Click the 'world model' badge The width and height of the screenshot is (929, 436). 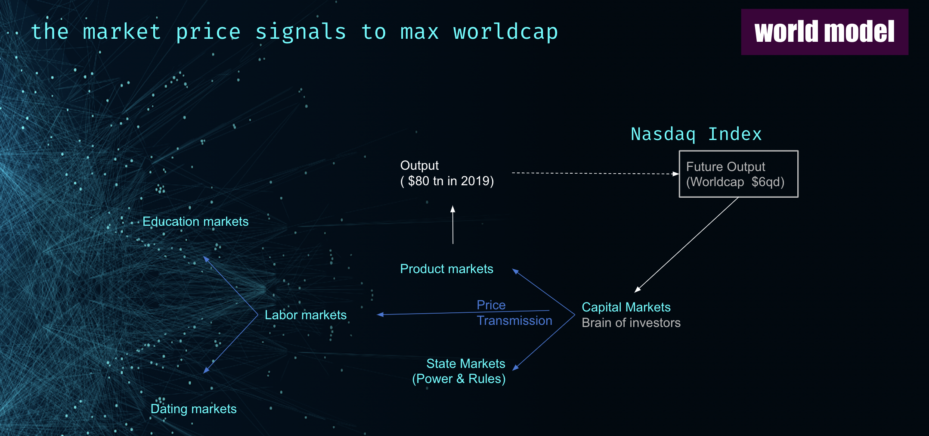tap(824, 32)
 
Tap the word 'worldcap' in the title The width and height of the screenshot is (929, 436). tap(505, 32)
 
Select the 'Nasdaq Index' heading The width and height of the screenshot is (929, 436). tap(696, 134)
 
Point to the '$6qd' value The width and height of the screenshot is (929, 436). tap(768, 182)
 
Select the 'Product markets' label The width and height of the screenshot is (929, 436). tap(446, 269)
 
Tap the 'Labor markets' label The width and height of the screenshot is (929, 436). tap(306, 315)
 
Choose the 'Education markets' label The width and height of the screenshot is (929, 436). tap(195, 221)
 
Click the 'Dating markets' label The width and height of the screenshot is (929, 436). tap(194, 409)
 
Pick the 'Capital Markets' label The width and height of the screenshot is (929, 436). tap(626, 307)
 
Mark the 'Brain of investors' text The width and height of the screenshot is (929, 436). tap(631, 323)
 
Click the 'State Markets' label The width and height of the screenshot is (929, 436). tap(466, 364)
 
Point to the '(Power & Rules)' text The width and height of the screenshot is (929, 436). tap(459, 379)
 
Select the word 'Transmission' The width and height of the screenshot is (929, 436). tap(514, 321)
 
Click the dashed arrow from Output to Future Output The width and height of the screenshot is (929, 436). tap(595, 174)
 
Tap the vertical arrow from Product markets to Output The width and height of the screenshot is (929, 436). tap(453, 225)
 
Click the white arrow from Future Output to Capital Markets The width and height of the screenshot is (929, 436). tap(687, 245)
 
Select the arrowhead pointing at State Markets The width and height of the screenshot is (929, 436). tap(516, 367)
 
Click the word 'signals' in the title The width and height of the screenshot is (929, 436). tap(301, 32)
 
